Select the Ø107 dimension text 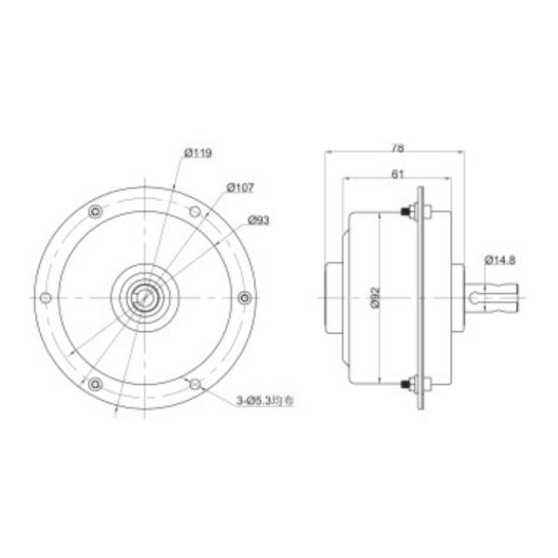[239, 187]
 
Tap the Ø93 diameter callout [259, 220]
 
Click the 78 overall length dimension [397, 147]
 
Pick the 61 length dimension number [397, 173]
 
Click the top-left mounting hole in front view [95, 212]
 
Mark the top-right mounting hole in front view [194, 212]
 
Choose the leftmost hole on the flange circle [45, 298]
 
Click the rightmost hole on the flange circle [245, 298]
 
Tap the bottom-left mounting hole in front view [95, 383]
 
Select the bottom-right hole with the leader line [194, 383]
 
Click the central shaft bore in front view [144, 298]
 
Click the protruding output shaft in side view [493, 298]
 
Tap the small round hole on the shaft [475, 298]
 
